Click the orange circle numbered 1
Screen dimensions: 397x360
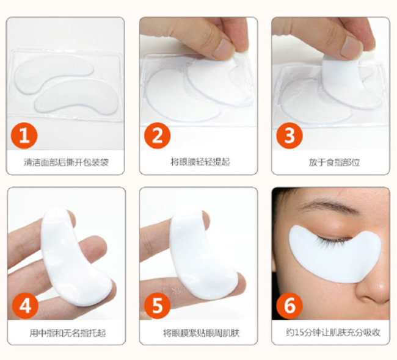(24, 135)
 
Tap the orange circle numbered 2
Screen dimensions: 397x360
(157, 135)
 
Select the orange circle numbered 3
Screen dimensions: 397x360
(290, 135)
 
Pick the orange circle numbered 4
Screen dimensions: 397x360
(25, 306)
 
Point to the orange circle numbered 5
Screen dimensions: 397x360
(157, 306)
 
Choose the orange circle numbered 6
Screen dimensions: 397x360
(290, 306)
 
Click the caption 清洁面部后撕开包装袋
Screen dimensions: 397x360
(66, 162)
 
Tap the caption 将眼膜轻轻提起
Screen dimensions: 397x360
(200, 162)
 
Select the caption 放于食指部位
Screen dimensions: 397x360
(334, 162)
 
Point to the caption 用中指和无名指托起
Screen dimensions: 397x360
(67, 333)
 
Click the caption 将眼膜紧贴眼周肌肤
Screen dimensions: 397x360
(201, 333)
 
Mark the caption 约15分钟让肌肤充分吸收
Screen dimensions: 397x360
(333, 332)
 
